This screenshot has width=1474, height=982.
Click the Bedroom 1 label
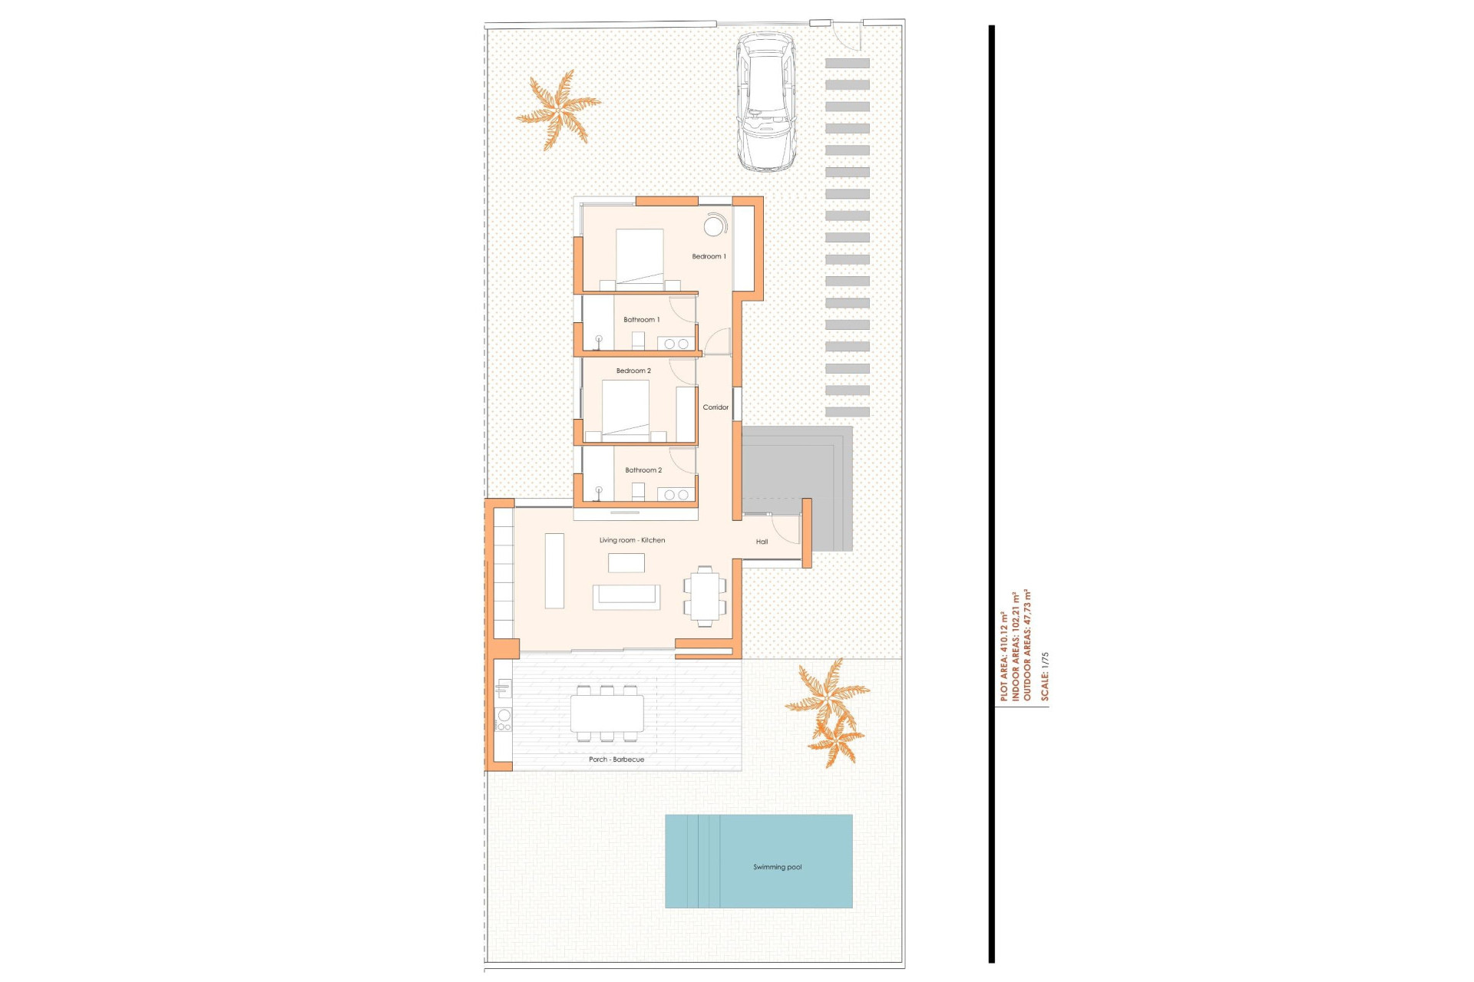(x=709, y=256)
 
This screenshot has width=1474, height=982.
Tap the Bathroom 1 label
(x=641, y=319)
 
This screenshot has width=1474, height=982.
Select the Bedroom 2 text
(x=633, y=371)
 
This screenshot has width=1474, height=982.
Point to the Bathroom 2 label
(x=643, y=470)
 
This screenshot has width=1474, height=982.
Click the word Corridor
(x=716, y=407)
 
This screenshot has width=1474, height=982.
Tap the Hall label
(x=762, y=542)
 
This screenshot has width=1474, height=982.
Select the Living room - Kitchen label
(x=632, y=540)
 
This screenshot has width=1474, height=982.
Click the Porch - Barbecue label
(x=616, y=760)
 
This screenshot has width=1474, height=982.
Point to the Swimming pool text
(x=777, y=867)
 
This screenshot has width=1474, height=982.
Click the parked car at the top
(x=765, y=102)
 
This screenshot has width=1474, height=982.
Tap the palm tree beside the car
(x=558, y=109)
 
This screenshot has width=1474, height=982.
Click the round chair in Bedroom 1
(x=715, y=226)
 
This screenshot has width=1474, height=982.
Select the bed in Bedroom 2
(x=626, y=409)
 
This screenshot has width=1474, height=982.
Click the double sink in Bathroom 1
(x=676, y=344)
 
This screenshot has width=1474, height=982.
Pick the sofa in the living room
(x=626, y=597)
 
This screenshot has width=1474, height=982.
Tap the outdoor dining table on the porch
(x=606, y=713)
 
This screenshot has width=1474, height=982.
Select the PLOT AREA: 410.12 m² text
(x=1003, y=656)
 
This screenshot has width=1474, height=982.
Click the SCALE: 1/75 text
(x=1044, y=677)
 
